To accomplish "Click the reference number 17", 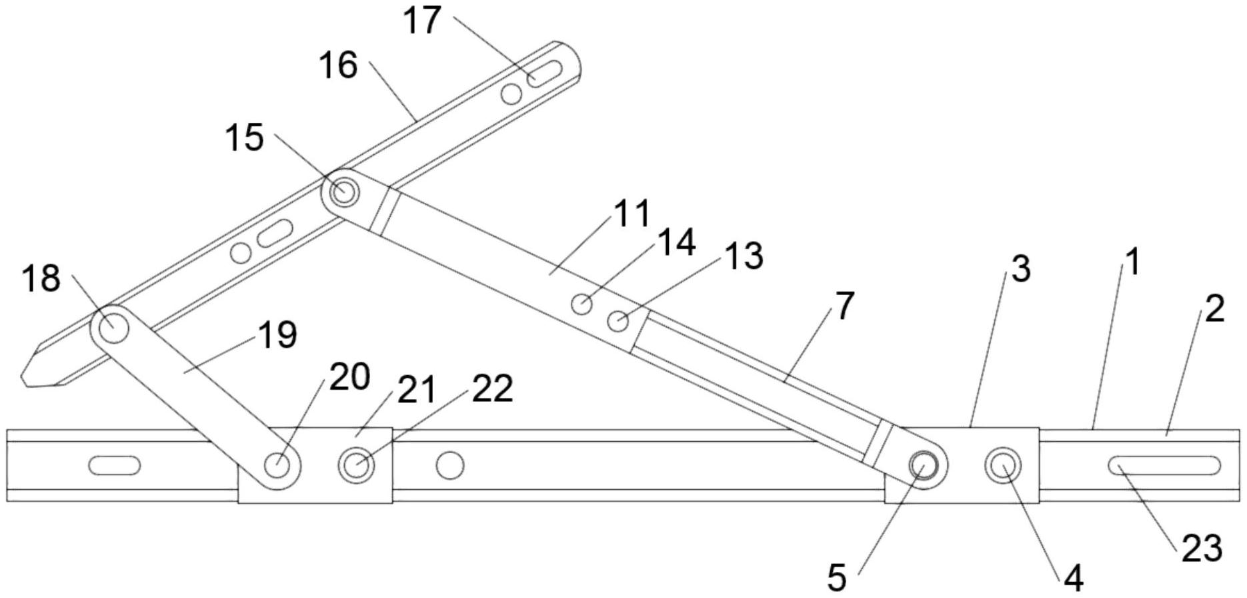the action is [x=422, y=19].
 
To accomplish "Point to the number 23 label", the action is [x=1202, y=549].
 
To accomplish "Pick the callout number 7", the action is [x=844, y=306].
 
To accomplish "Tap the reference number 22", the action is [x=492, y=388].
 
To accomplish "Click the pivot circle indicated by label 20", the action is [x=277, y=465].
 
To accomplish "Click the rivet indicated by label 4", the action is [x=1002, y=465].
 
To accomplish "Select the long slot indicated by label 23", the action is [x=1164, y=465].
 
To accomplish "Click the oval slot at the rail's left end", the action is [x=115, y=465].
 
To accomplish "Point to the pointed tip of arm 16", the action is [x=24, y=379].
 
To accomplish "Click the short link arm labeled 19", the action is [x=195, y=396].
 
